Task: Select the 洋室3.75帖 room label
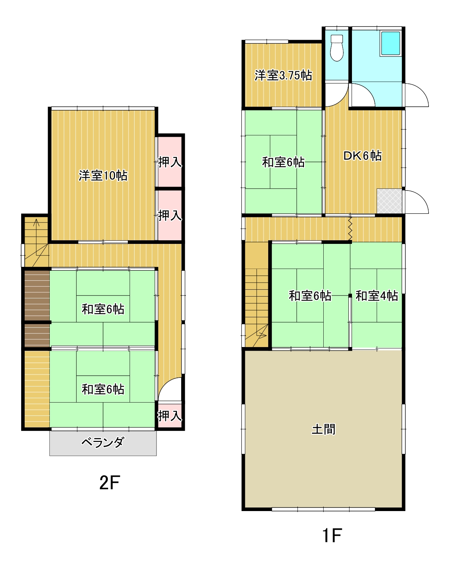(283, 76)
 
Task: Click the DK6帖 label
(362, 156)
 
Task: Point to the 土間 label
(323, 429)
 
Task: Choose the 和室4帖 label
(377, 296)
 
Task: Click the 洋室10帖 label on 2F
(103, 176)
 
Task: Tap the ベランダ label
(103, 443)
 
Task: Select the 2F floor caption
(109, 483)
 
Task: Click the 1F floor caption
(332, 536)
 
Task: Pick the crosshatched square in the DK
(389, 201)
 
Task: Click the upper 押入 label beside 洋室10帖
(170, 162)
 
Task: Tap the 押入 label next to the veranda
(170, 416)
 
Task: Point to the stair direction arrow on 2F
(36, 224)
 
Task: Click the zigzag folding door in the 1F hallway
(350, 228)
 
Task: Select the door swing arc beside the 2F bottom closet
(170, 388)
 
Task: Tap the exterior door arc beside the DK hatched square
(417, 202)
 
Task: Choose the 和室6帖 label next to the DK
(283, 162)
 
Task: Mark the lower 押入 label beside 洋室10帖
(170, 216)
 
